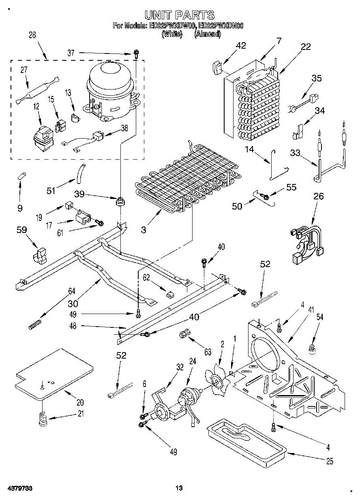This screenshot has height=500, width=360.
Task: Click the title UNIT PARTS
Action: click(180, 15)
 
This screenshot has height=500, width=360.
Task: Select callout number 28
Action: click(32, 35)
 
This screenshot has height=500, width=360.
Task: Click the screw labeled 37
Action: click(137, 53)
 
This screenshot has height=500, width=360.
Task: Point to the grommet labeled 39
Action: click(120, 201)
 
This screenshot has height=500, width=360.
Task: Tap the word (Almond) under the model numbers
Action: click(208, 34)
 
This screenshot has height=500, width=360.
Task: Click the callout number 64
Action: click(72, 290)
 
